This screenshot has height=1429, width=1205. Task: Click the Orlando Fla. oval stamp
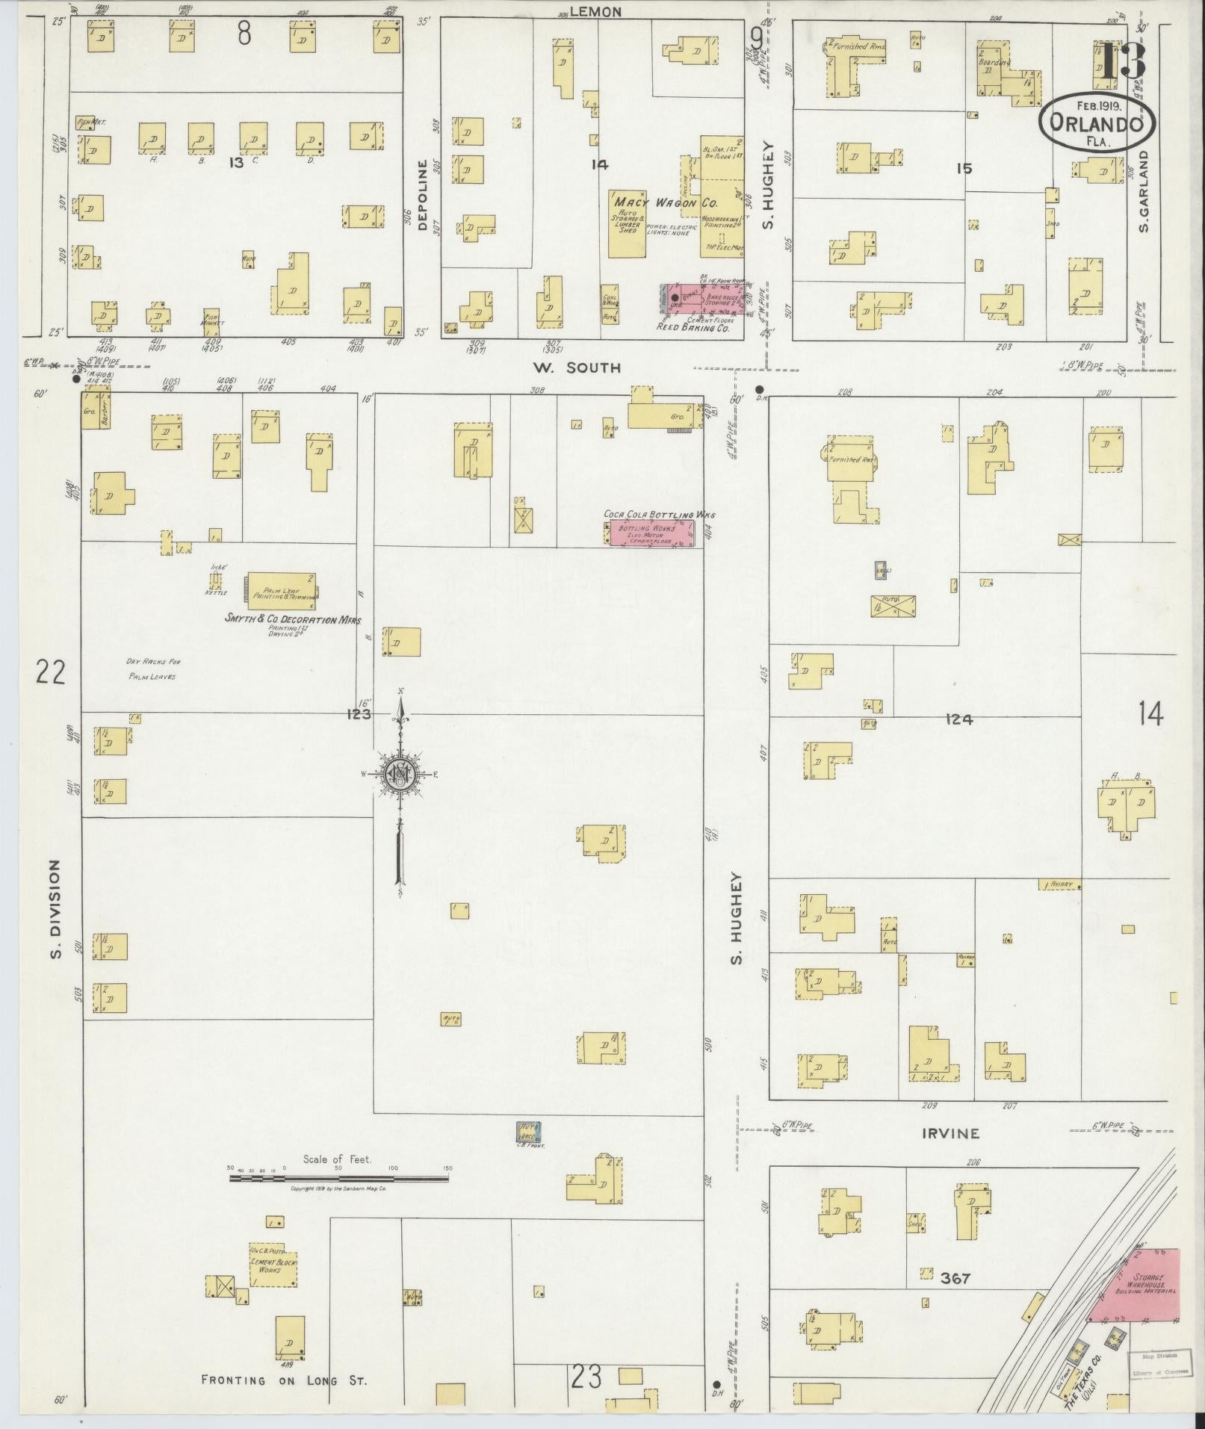tap(1097, 123)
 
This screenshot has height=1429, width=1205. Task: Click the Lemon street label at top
tap(595, 11)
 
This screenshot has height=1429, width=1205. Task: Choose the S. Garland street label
tap(1143, 190)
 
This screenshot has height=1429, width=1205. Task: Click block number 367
tap(955, 1278)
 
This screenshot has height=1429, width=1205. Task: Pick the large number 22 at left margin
tap(51, 672)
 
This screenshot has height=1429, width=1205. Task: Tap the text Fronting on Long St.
tap(284, 1380)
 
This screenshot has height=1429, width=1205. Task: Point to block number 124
tap(958, 719)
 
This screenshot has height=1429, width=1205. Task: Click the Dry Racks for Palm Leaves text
tap(153, 669)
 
